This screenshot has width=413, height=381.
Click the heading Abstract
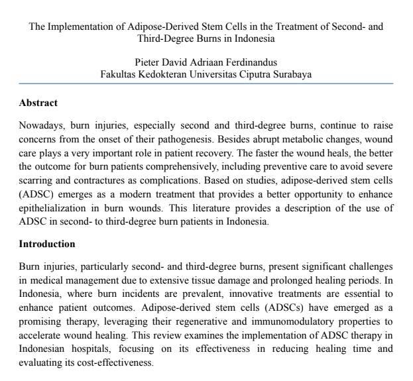pos(38,103)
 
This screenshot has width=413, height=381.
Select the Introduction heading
pos(47,244)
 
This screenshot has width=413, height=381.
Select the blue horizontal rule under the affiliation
pos(206,83)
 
